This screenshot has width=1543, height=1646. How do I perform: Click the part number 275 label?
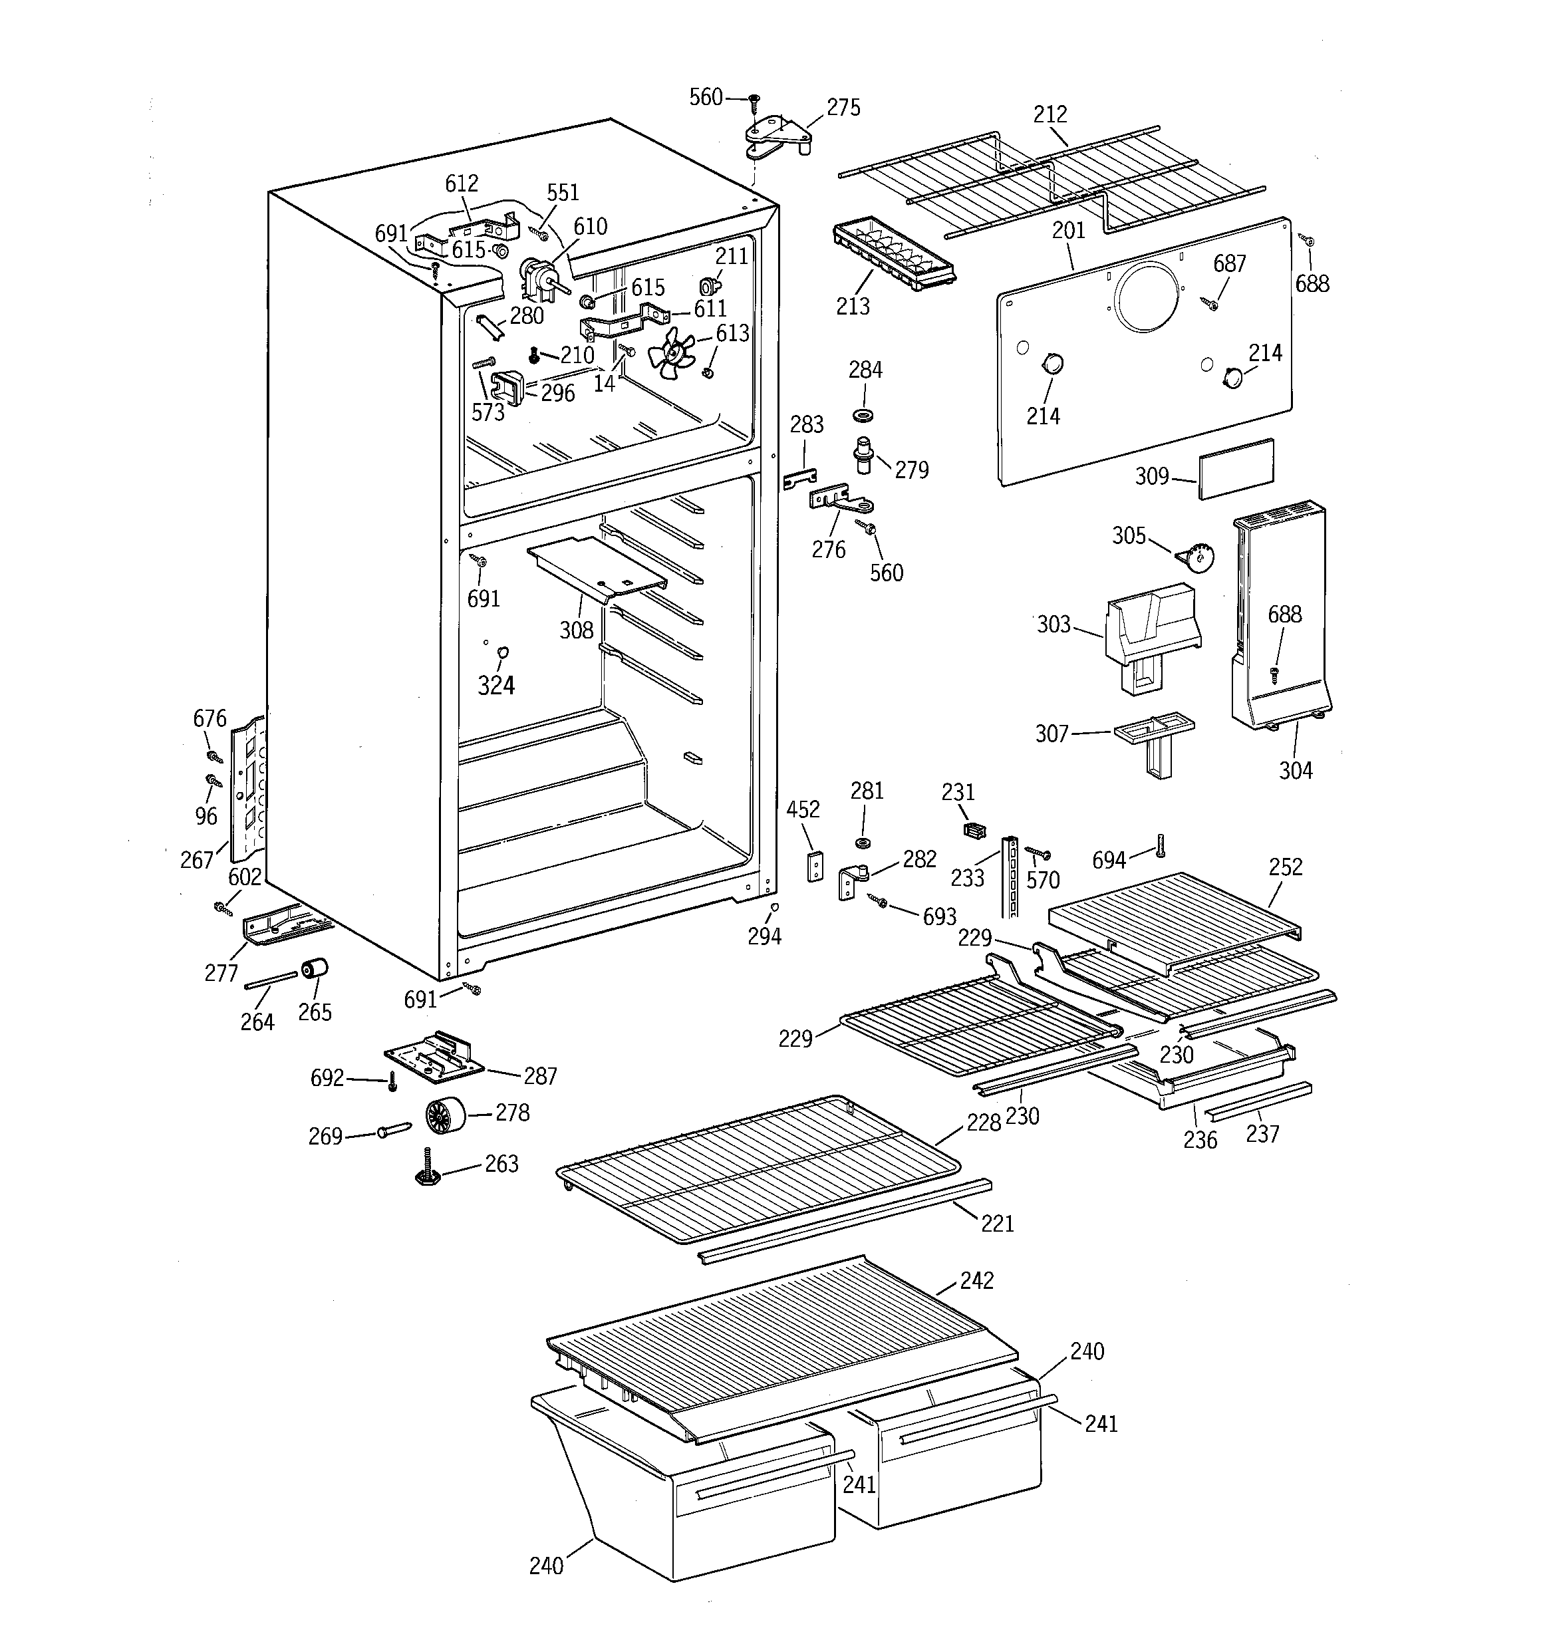coord(843,108)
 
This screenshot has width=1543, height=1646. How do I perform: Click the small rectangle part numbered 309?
coord(1236,469)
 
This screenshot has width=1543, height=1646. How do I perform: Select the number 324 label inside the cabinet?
coord(495,685)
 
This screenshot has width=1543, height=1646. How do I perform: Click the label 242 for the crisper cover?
coord(976,1280)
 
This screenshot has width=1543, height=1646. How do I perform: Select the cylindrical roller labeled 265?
coord(315,968)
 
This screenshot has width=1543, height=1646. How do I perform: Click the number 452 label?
coord(803,809)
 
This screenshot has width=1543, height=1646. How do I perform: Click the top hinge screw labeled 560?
coord(754,101)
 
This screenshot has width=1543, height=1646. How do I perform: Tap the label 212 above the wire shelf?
coord(1050,114)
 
